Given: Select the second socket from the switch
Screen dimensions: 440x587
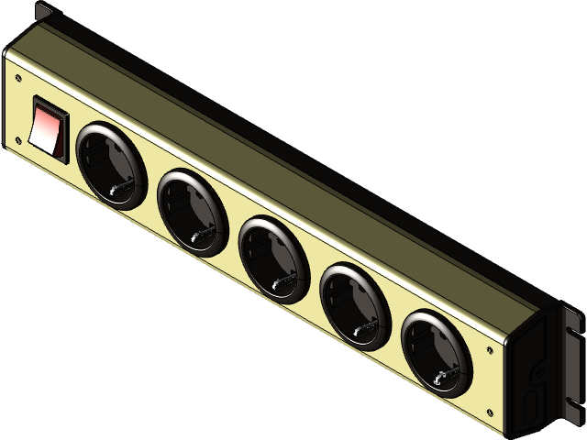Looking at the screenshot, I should point(192,212).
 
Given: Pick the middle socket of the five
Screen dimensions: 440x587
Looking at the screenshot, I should point(272,259).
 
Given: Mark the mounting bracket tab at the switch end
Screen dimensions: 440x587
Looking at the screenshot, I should point(43,13).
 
